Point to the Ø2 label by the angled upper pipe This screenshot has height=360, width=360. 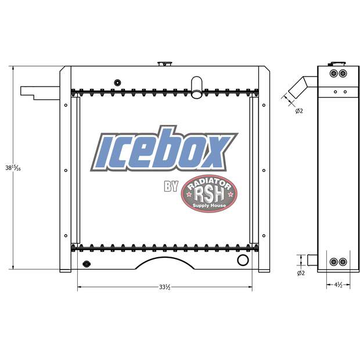click(298, 111)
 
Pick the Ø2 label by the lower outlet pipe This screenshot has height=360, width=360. click(300, 272)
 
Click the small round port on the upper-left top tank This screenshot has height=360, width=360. click(118, 81)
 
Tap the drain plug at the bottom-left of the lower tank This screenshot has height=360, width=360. click(87, 265)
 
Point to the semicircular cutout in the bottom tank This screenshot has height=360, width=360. click(164, 265)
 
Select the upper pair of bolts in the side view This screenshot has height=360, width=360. click(337, 74)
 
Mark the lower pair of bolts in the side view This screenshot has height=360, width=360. click(337, 262)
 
